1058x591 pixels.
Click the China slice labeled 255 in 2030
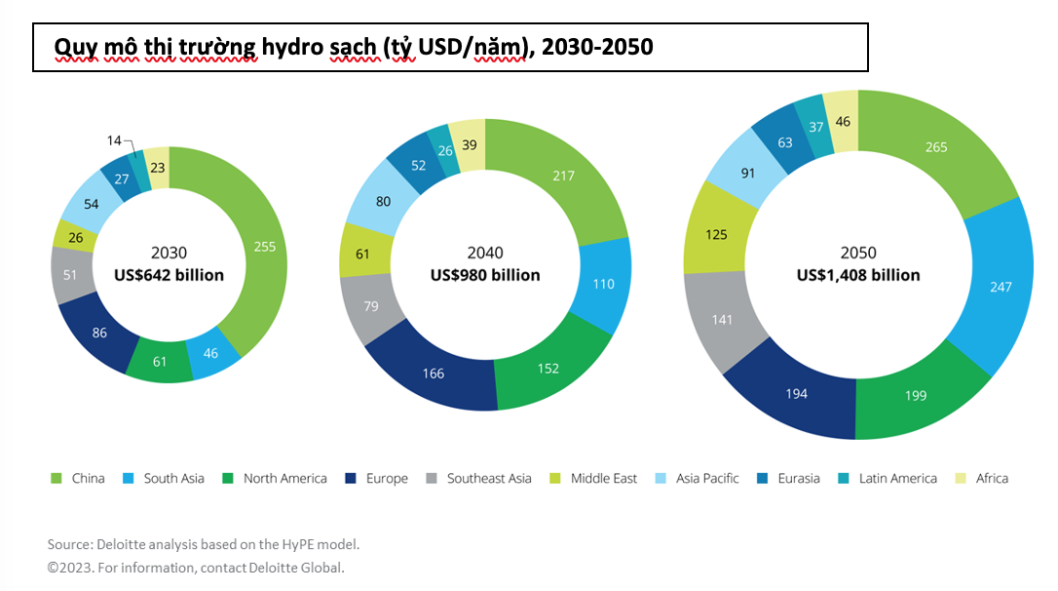[264, 247]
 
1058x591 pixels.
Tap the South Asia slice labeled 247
[1001, 287]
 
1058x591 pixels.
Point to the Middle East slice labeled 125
[716, 234]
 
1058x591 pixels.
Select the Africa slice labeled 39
[470, 144]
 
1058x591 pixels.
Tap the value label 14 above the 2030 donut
[115, 140]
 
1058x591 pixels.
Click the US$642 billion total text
[170, 275]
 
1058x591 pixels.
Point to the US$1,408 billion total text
[857, 275]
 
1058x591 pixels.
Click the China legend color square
[56, 478]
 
